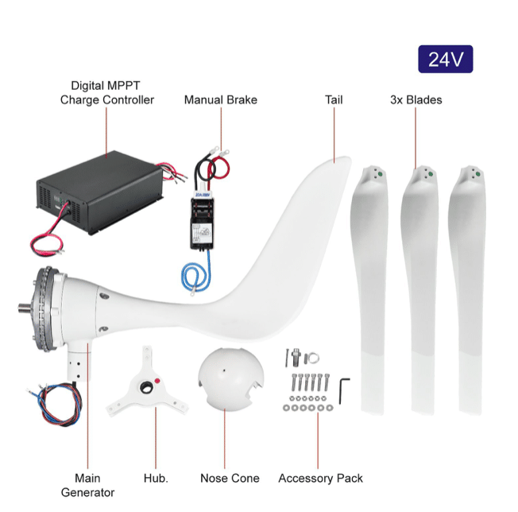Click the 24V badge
[445, 59]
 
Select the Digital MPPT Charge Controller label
[107, 92]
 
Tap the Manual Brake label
[221, 100]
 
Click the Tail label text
[334, 100]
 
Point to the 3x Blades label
[416, 100]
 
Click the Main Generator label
[87, 485]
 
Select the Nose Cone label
[230, 478]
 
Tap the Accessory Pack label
[320, 478]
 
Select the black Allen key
[344, 389]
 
